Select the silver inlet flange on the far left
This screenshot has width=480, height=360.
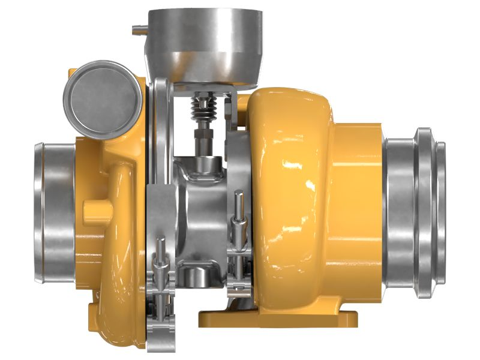(x=54, y=212)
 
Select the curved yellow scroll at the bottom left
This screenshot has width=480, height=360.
(x=117, y=300)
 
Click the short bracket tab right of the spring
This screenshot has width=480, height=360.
(x=228, y=111)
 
